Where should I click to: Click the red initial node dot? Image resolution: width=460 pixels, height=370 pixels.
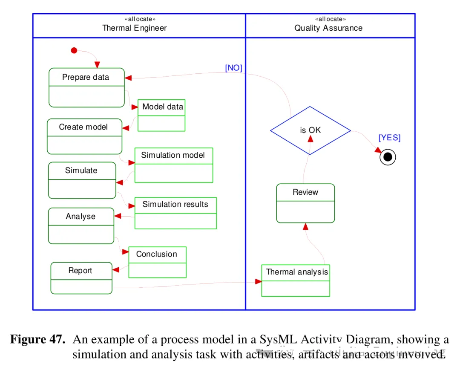tap(74, 51)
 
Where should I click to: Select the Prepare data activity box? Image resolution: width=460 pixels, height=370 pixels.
tap(87, 87)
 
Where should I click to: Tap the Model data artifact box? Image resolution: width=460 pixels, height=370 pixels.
tap(161, 116)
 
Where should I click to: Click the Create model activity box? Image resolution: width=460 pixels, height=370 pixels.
tap(84, 136)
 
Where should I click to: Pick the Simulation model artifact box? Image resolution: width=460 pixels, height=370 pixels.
tap(174, 165)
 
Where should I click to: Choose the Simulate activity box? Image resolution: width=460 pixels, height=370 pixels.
tap(82, 180)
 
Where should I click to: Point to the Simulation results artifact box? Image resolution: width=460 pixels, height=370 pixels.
tap(175, 213)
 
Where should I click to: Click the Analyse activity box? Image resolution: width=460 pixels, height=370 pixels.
tap(81, 226)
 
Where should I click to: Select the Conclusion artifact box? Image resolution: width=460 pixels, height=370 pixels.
tap(157, 262)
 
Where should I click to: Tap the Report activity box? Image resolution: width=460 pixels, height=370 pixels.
tap(81, 278)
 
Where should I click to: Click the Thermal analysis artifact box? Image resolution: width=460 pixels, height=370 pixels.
tap(296, 280)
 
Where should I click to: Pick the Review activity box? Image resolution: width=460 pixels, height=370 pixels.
tap(305, 203)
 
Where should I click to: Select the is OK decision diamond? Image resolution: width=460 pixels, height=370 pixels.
tap(310, 130)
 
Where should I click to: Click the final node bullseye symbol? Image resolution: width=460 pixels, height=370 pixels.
tap(388, 157)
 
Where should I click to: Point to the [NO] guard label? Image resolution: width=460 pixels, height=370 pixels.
tap(233, 68)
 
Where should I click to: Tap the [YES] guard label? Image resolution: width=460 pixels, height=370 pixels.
tap(389, 138)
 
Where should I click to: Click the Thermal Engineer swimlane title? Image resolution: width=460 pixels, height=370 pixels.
tap(135, 28)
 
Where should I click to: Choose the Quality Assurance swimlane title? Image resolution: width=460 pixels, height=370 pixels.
tap(328, 28)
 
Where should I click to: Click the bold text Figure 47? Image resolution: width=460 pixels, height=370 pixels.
tap(38, 340)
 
